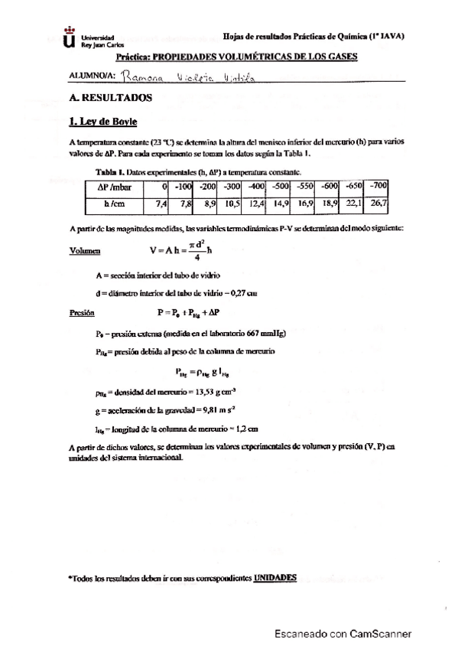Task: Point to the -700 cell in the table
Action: click(x=378, y=186)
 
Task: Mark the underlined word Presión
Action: click(x=81, y=312)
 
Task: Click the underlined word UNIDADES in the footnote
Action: click(x=274, y=577)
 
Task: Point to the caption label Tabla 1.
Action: click(x=110, y=172)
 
